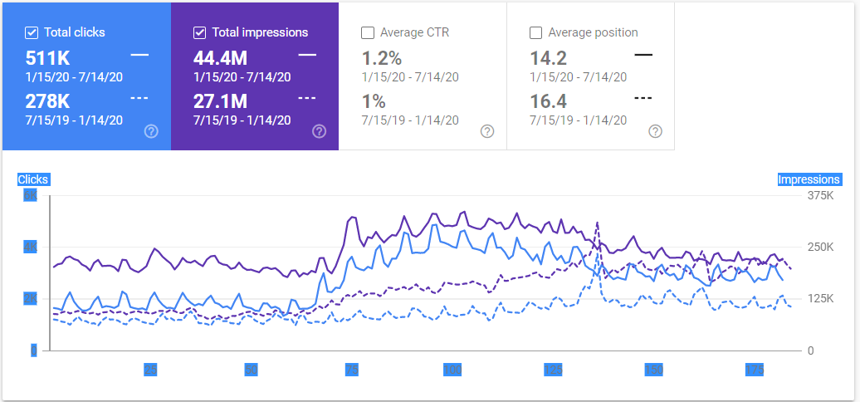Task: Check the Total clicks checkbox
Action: coord(32,32)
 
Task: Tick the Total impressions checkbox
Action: coord(199,32)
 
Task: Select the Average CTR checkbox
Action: coord(368,32)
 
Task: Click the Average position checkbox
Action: coord(535,32)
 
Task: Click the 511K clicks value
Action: coord(47,58)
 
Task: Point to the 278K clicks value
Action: coord(47,101)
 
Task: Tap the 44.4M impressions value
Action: coord(221,58)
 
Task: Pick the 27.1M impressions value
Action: coord(220,101)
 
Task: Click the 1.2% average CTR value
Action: coord(382,58)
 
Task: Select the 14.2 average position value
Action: coord(547,58)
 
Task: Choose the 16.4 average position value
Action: coord(547,101)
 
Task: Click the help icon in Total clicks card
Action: coord(151,131)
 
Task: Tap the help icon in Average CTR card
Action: coord(487,131)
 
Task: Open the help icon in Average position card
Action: coord(655,131)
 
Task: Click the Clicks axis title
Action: coord(33,179)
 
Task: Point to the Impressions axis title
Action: coord(809,179)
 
